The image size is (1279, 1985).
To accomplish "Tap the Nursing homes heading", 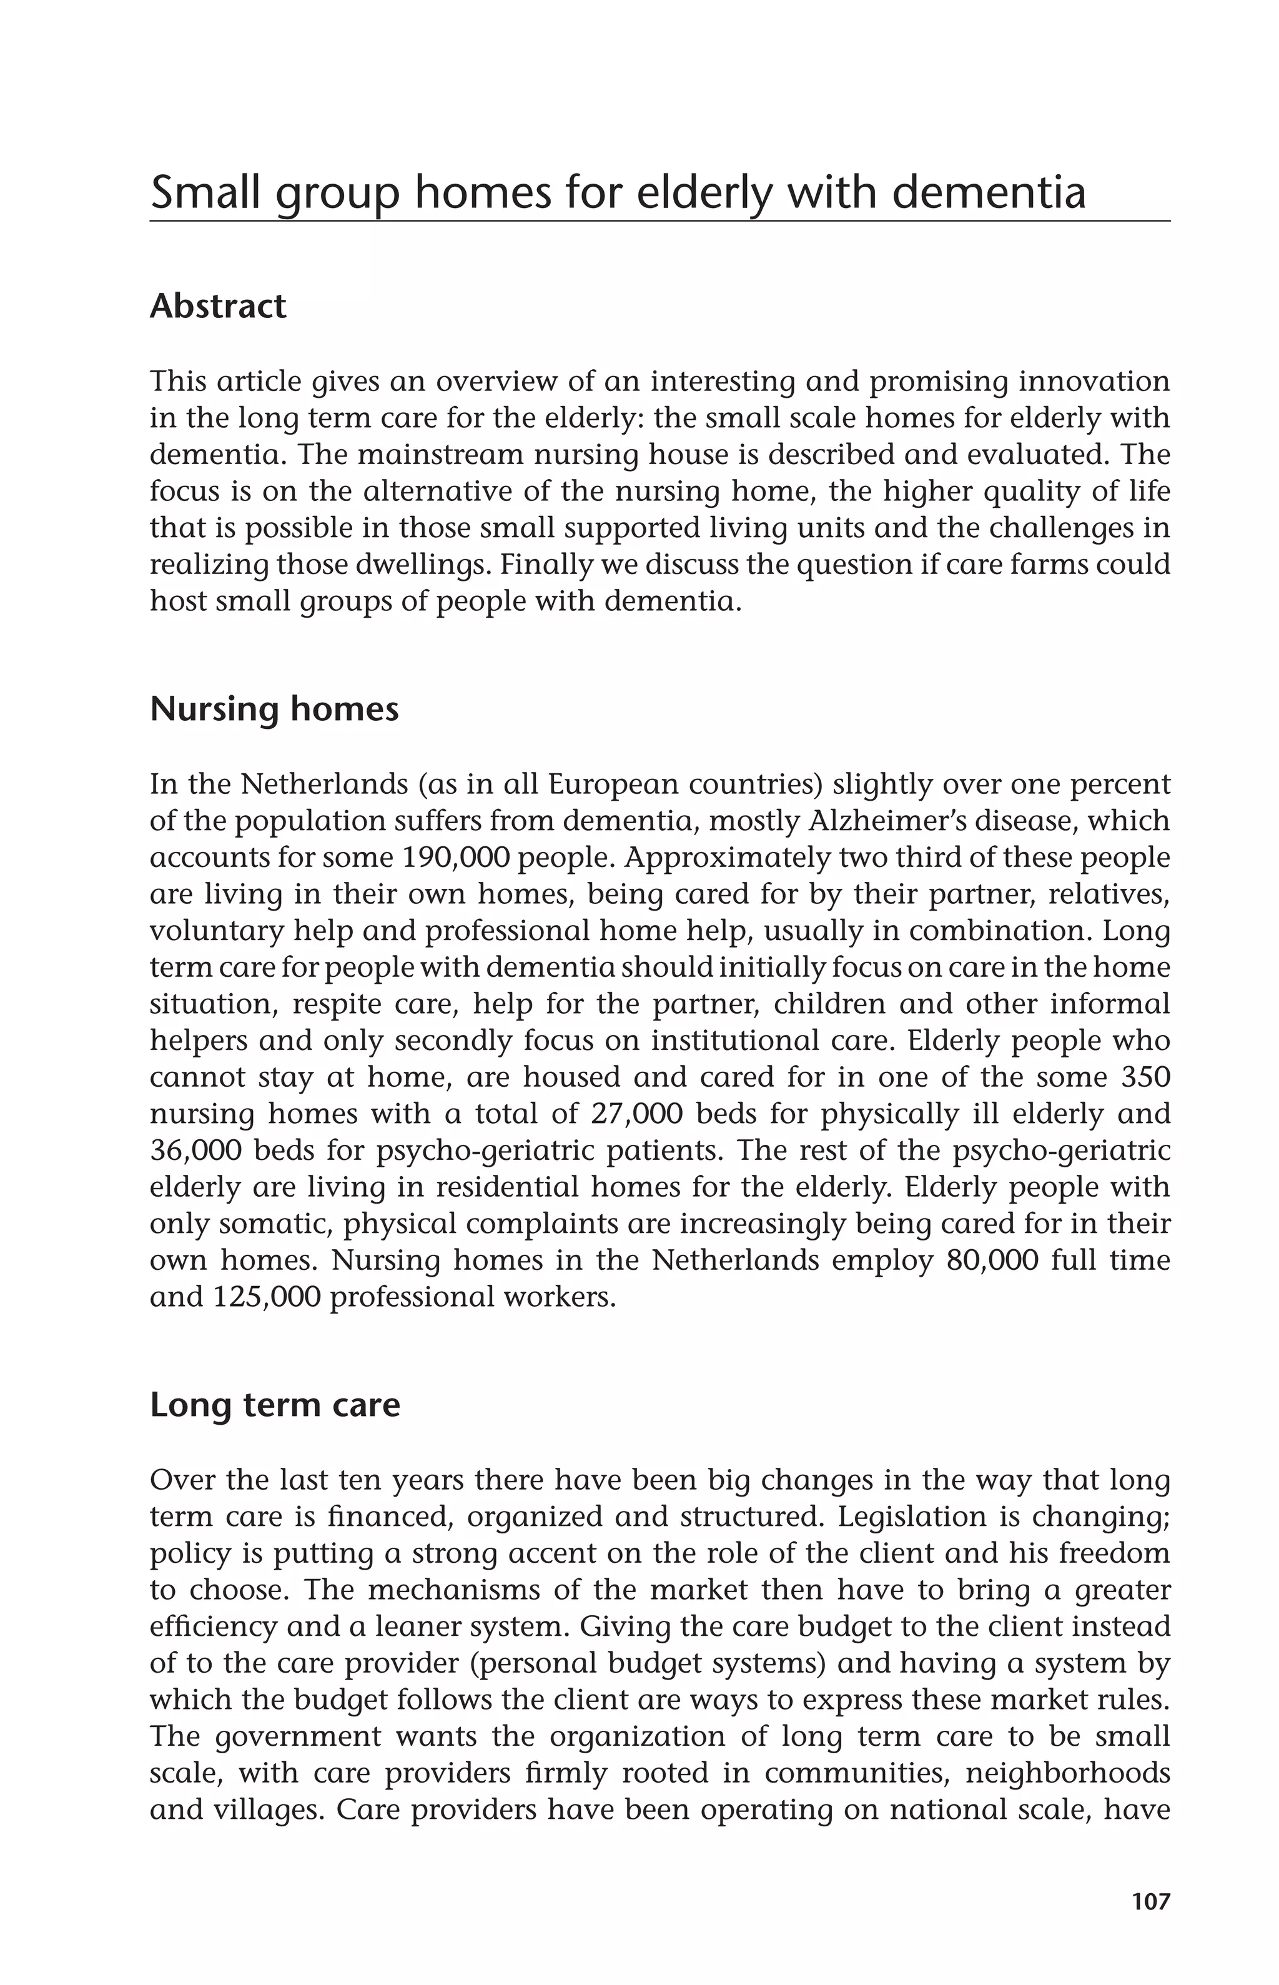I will [274, 710].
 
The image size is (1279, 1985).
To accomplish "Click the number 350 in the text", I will [1145, 1077].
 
